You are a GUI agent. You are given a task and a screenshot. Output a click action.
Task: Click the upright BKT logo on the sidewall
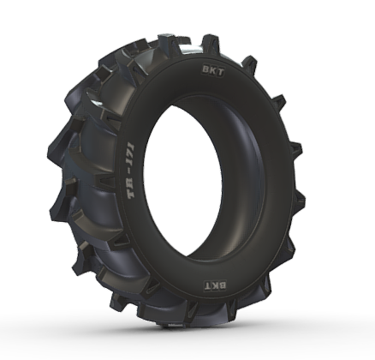point(213,71)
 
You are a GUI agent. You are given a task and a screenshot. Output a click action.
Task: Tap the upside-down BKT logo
point(216,285)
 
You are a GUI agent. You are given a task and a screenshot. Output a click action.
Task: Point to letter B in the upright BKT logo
point(206,69)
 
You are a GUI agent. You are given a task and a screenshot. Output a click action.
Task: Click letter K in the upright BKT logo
point(213,71)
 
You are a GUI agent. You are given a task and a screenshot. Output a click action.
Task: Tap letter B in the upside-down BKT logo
point(223,285)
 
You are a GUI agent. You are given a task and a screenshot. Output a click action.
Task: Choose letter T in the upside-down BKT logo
point(207,285)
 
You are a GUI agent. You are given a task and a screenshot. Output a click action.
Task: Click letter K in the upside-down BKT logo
point(215,285)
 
